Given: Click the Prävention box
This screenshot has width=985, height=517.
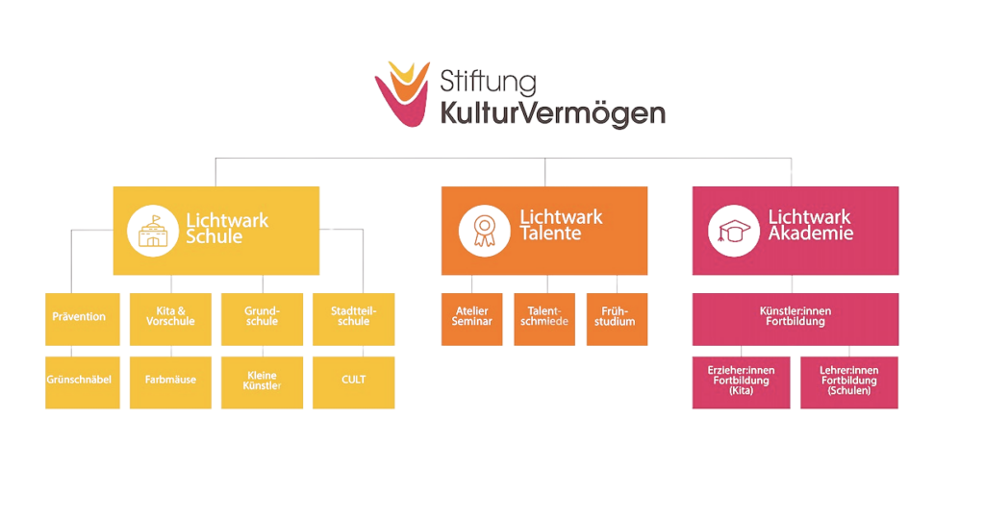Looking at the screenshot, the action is click(x=83, y=319).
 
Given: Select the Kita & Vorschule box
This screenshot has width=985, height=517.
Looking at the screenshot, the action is click(x=170, y=319).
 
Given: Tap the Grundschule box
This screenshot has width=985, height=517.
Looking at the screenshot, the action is click(x=262, y=319).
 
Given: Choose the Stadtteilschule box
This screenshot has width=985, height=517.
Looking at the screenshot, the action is click(x=354, y=319).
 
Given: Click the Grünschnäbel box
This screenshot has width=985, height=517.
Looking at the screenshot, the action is click(x=83, y=382).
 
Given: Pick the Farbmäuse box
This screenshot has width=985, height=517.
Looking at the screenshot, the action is click(x=170, y=382).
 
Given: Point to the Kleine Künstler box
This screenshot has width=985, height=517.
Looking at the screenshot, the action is click(x=262, y=382).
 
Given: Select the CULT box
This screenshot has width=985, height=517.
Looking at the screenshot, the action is click(x=354, y=382).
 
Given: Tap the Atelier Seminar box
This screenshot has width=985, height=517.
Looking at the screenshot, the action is click(x=471, y=319).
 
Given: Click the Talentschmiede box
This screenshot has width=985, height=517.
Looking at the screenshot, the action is click(x=544, y=319).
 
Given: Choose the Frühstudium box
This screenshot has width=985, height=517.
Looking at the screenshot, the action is click(x=617, y=319).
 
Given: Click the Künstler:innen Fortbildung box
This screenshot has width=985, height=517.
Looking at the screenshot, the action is click(x=796, y=319).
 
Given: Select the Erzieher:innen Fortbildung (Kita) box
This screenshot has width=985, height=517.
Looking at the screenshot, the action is click(x=742, y=382).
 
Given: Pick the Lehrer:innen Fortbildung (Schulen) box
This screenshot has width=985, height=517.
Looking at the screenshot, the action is click(x=849, y=382).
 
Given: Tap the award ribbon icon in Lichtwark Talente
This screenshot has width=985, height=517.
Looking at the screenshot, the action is click(x=485, y=231).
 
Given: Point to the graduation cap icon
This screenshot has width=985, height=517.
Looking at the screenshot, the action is click(x=734, y=231).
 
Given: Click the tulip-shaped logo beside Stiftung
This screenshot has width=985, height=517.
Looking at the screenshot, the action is click(x=403, y=93).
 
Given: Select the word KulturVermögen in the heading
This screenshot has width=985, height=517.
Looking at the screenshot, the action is click(x=553, y=113).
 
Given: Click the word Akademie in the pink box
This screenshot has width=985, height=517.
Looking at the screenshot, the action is click(x=811, y=234).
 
